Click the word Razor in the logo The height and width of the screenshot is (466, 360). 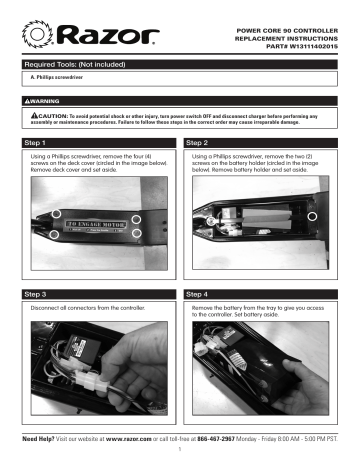click(105, 38)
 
